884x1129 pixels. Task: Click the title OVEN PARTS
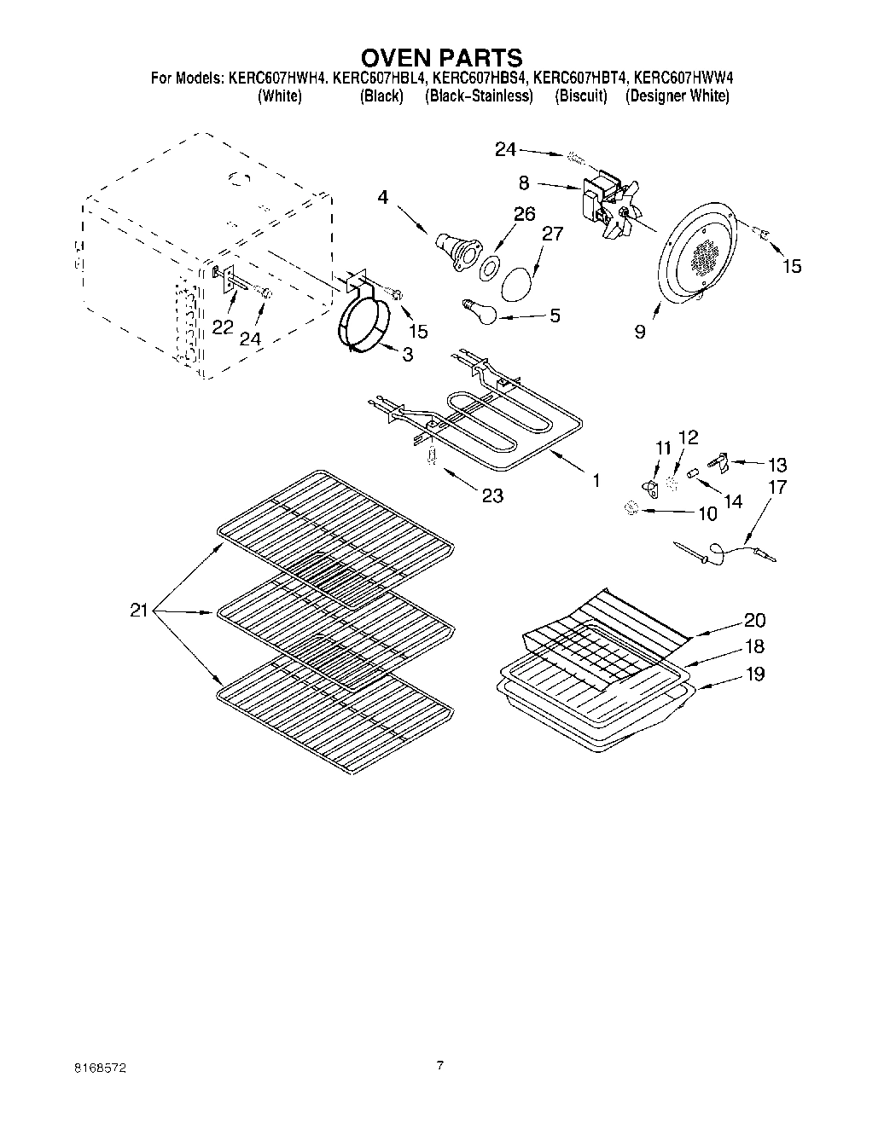441,57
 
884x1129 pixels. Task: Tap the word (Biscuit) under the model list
580,96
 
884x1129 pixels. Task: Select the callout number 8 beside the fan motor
524,182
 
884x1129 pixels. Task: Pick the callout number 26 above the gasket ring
524,213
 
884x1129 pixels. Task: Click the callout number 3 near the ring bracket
407,354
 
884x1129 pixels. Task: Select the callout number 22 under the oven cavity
223,327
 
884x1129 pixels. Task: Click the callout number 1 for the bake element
596,481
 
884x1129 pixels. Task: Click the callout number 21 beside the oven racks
140,611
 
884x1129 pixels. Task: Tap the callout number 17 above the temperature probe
777,488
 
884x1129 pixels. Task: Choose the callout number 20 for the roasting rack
754,620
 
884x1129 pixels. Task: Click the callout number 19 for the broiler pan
754,674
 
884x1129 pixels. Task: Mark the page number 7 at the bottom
440,1065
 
